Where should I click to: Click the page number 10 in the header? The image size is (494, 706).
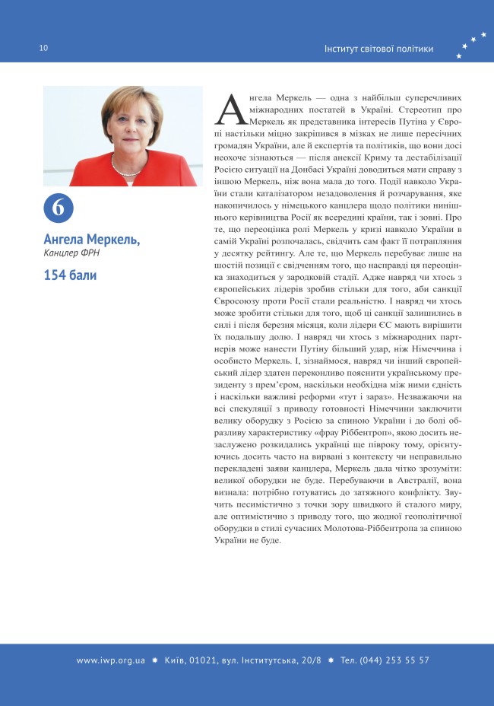43,49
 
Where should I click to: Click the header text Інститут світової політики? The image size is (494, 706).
378,49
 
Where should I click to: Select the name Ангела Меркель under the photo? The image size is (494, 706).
92,240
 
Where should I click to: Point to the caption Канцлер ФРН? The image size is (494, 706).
72,253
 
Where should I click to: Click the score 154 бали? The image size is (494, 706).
70,275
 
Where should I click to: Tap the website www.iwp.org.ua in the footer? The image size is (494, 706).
111,660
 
